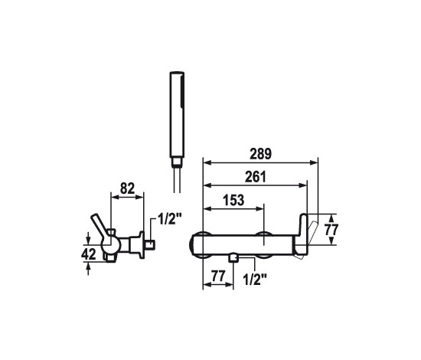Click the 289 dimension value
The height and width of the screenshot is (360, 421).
(x=261, y=154)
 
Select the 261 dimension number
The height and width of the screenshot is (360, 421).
(x=256, y=177)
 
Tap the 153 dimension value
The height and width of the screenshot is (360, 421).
(x=233, y=200)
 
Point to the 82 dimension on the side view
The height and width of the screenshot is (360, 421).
(x=127, y=188)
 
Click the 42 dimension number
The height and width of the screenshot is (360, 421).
(x=89, y=254)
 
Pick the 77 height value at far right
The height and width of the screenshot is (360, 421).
(x=331, y=230)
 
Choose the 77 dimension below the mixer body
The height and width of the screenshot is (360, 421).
(x=218, y=276)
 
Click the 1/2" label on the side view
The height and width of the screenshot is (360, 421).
(x=170, y=220)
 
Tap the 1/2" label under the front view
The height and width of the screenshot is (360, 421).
(x=255, y=280)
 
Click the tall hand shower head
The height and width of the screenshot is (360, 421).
(x=177, y=115)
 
